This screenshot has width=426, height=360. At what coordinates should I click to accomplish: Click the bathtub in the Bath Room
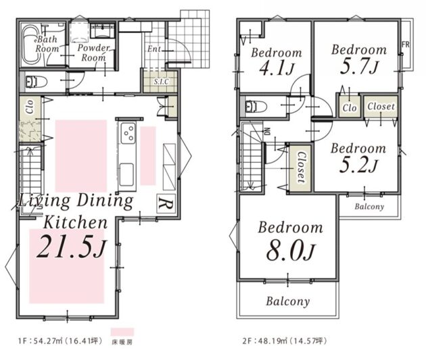[x=30, y=45]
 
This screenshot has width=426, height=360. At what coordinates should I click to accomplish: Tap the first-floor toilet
[x=36, y=82]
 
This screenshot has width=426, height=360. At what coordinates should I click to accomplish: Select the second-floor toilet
[x=256, y=106]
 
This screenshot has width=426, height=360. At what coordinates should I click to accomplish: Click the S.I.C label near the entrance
[x=161, y=81]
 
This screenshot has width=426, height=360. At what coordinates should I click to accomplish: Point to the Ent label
[x=154, y=49]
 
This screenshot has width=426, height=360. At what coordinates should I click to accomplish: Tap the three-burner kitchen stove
[x=128, y=133]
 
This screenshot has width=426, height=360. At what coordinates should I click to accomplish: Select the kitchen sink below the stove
[x=126, y=174]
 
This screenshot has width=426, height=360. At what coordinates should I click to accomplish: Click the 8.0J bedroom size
[x=290, y=251]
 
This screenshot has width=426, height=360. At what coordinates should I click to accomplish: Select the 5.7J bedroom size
[x=359, y=67]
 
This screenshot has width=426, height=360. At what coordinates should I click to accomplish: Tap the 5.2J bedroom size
[x=358, y=165]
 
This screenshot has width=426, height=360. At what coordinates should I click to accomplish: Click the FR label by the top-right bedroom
[x=406, y=44]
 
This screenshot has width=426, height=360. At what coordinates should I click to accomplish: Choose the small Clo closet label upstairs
[x=350, y=108]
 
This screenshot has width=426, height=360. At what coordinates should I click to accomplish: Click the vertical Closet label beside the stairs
[x=301, y=167]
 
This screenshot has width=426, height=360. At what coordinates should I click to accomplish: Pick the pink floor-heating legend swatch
[x=122, y=332]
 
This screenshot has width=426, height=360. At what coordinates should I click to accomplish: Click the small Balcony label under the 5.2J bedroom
[x=369, y=207]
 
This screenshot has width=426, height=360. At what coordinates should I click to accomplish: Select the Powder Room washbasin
[x=102, y=30]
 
